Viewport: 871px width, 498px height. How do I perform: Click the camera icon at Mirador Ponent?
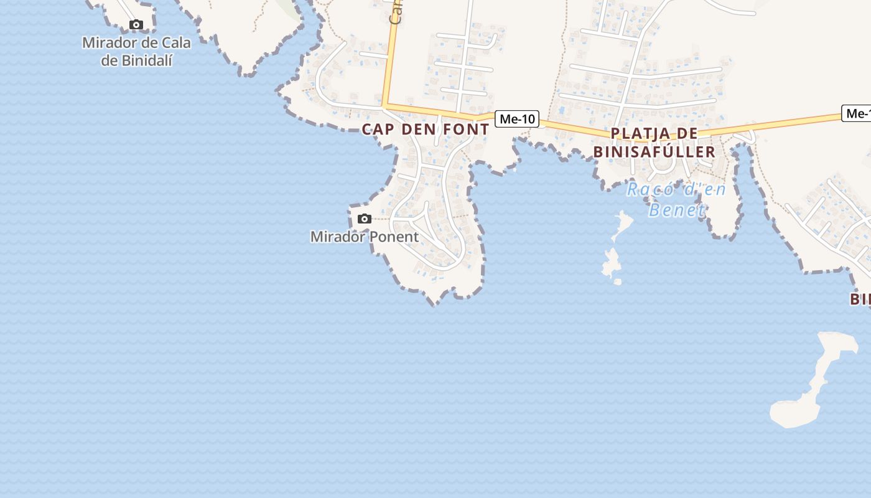point(365,218)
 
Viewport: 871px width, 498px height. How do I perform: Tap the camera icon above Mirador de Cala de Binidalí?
point(136,25)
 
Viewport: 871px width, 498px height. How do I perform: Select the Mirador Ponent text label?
point(365,237)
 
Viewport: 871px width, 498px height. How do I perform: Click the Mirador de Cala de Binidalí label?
point(136,52)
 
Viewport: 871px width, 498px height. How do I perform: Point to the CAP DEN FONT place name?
point(426,129)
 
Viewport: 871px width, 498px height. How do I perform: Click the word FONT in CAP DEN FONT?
point(465,129)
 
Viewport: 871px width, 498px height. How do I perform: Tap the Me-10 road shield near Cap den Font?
point(517,119)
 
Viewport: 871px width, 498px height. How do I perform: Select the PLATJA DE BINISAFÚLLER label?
point(654,143)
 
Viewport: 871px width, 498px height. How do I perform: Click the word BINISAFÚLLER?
point(654,152)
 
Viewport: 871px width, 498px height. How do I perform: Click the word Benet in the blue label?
point(676,210)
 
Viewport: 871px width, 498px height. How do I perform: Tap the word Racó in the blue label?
point(649,189)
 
